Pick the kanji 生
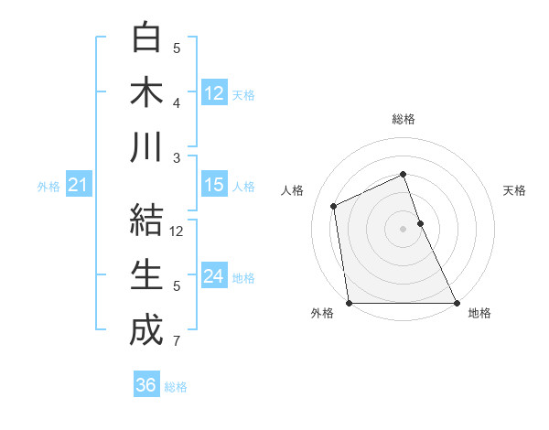tap(146, 274)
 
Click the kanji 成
tap(146, 329)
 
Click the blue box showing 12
tap(214, 92)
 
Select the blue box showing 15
tap(214, 185)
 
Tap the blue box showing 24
tap(214, 276)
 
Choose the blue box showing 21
tap(78, 186)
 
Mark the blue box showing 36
tap(146, 385)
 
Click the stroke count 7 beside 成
tap(176, 342)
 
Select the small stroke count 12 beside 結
tap(178, 231)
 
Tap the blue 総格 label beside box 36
tap(176, 386)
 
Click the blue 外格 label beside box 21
tap(48, 187)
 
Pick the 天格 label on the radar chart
tap(514, 190)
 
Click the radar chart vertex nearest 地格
tap(457, 303)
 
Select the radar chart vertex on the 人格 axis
tap(334, 206)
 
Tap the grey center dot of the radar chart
tap(403, 229)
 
